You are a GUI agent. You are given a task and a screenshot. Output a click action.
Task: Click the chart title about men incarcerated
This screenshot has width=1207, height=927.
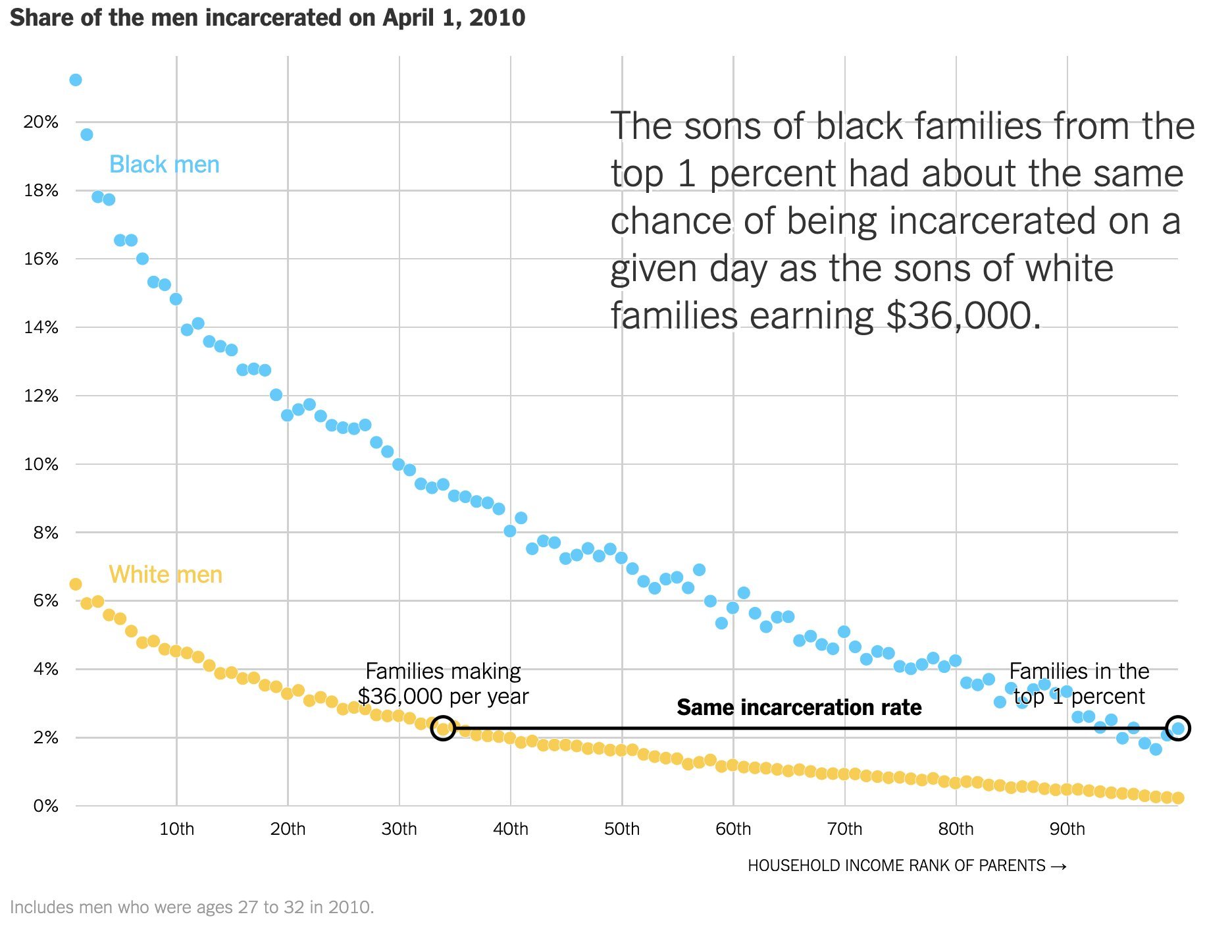(267, 18)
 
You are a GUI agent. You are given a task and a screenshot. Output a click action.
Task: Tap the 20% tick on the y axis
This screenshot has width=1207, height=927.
(41, 122)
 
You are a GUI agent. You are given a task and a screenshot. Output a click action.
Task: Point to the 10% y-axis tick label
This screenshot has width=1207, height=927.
(41, 464)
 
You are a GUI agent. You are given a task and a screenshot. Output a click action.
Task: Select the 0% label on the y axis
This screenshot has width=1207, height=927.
(45, 806)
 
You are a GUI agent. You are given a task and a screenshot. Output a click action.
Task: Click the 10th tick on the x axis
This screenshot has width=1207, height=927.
(176, 829)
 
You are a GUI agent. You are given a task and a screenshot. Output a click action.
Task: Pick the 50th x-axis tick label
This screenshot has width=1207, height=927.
(622, 829)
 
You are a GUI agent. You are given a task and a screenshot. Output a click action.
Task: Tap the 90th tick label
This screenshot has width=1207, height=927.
(1067, 829)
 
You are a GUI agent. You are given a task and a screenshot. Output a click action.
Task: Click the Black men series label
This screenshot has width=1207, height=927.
(164, 165)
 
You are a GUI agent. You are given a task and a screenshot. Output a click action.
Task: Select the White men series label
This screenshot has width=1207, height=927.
(165, 575)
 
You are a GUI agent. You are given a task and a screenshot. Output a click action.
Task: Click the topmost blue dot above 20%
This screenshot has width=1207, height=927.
(76, 80)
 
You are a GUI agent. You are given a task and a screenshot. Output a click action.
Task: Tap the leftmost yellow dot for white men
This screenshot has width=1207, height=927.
(76, 585)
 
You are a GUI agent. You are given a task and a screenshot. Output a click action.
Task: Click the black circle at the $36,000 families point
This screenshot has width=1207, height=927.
(444, 728)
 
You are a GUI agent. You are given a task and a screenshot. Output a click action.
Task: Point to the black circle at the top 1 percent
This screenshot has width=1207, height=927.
(1177, 728)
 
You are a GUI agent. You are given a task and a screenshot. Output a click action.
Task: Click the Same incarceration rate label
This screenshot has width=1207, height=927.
(799, 707)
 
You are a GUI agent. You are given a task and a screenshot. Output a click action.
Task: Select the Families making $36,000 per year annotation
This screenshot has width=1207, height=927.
(443, 683)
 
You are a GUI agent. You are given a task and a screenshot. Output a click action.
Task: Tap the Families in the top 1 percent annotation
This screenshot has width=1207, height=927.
(1079, 683)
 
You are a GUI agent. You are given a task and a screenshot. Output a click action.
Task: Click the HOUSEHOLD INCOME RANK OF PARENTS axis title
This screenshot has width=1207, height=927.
(896, 866)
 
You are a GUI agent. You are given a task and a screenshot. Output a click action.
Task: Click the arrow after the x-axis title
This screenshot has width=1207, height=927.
(1059, 866)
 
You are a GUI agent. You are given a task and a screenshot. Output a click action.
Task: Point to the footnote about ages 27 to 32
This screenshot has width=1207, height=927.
(192, 907)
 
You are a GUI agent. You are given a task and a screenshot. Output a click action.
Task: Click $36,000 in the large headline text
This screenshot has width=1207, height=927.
(963, 316)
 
